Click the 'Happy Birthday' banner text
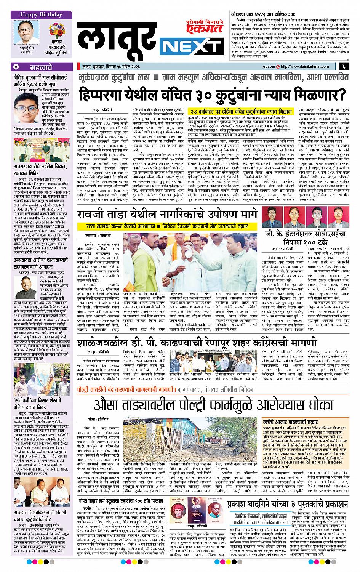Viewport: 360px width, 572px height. click(41, 15)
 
